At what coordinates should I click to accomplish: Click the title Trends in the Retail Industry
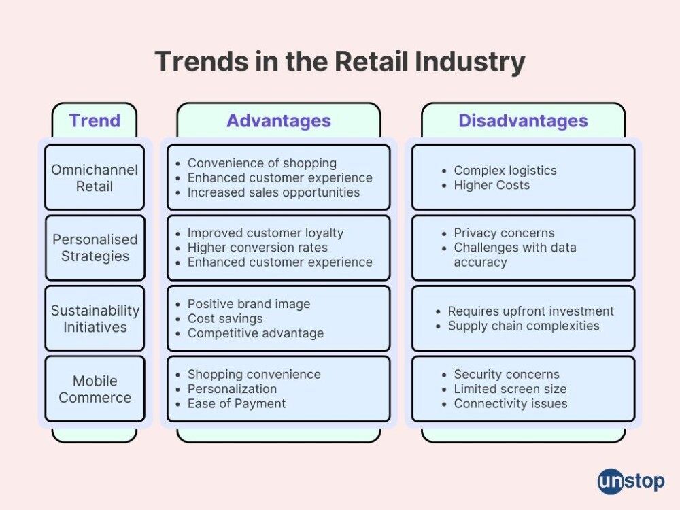click(x=340, y=62)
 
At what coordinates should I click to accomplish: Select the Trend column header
click(x=95, y=120)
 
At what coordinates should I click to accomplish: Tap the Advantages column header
click(x=279, y=120)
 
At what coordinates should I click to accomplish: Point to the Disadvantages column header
click(x=524, y=120)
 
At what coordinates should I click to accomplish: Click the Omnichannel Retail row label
click(x=95, y=177)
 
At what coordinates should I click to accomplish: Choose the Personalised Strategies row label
click(x=95, y=248)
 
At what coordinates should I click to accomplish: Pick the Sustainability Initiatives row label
click(x=95, y=318)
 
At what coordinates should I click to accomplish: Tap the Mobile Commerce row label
click(x=95, y=389)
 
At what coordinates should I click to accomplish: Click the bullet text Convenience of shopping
click(x=262, y=163)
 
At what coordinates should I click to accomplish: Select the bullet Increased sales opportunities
click(x=273, y=192)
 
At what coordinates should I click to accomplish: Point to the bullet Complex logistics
click(x=505, y=171)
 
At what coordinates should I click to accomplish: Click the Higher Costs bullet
click(x=492, y=185)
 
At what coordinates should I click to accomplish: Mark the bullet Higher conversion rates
click(x=258, y=248)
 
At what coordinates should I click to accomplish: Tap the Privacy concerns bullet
click(x=504, y=233)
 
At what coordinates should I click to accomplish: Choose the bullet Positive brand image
click(x=249, y=304)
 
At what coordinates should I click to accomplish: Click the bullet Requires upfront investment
click(x=531, y=311)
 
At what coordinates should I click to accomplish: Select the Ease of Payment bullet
click(x=237, y=404)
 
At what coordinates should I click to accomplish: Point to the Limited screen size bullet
click(x=510, y=389)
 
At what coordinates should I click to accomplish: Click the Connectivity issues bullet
click(x=511, y=404)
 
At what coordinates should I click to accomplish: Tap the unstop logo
click(x=630, y=481)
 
